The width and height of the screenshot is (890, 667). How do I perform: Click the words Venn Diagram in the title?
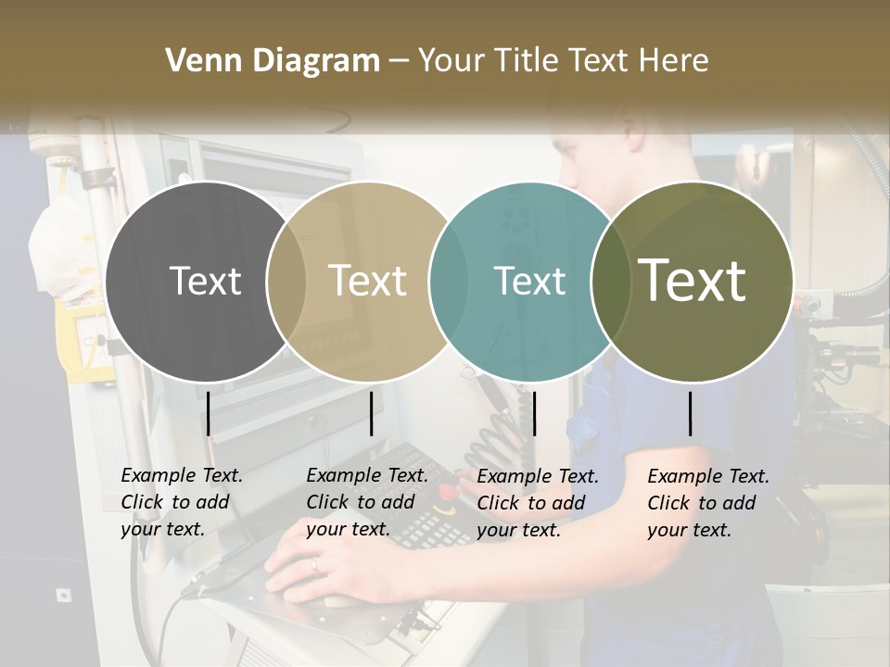272,61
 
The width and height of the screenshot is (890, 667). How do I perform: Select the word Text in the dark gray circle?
205,281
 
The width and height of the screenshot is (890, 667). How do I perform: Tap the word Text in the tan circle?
367,281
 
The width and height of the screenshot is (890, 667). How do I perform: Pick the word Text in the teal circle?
529,281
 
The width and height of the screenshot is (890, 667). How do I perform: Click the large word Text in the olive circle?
693,281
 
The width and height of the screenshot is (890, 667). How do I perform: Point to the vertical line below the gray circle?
209,413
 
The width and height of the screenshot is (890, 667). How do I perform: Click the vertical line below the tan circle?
371,413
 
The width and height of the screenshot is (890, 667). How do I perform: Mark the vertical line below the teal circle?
534,413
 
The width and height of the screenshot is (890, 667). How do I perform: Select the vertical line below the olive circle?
691,413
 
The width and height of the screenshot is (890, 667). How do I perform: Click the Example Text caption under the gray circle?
181,502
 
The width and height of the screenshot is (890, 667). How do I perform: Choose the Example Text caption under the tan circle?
366,502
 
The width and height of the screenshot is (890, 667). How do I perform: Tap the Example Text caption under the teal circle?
537,502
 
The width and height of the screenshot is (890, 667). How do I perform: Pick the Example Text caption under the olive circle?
707,502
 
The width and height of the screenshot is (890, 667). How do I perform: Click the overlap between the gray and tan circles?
286,281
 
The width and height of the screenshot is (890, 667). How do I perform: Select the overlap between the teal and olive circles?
607,281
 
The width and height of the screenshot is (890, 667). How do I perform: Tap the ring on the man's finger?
313,563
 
